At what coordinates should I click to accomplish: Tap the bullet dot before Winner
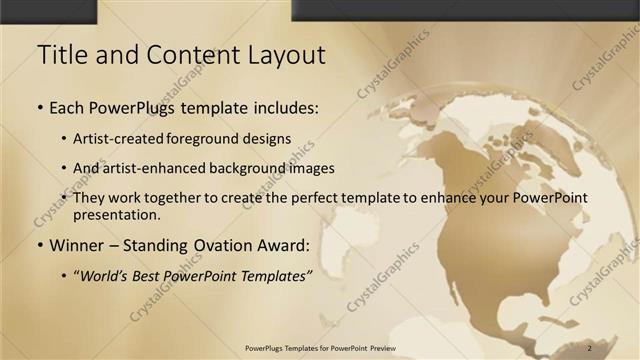[x=40, y=246]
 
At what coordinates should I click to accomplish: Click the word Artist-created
[x=110, y=138]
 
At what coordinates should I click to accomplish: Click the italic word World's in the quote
[x=104, y=275]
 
